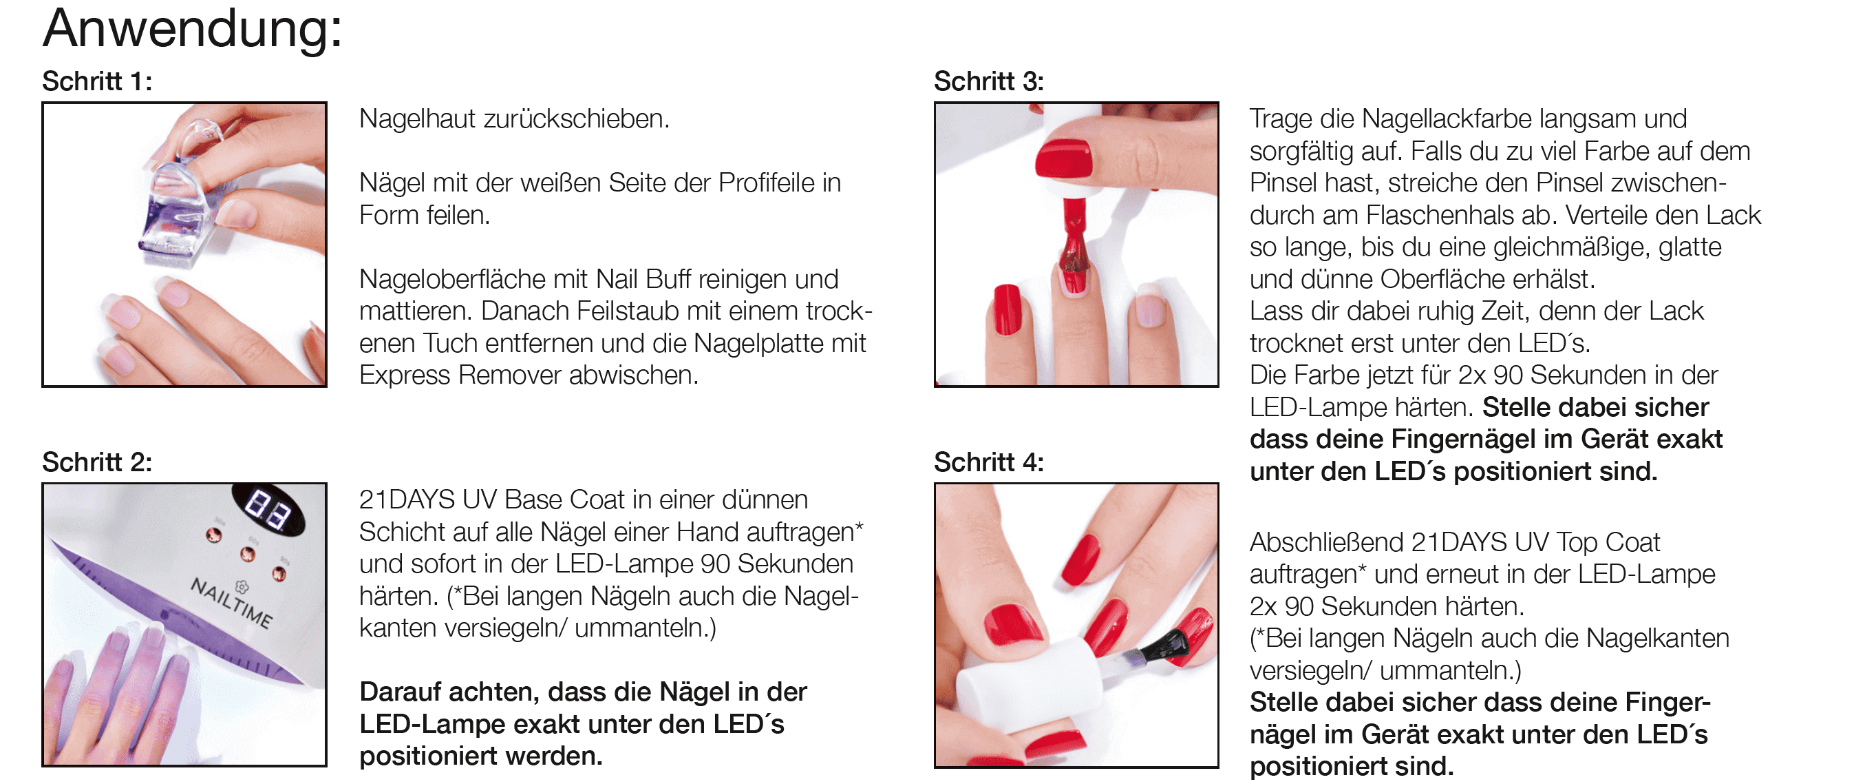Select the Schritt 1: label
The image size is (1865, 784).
97,81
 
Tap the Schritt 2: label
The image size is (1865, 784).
97,462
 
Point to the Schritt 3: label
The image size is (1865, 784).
989,81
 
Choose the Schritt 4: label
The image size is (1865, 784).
989,462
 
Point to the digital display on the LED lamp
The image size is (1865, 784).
268,508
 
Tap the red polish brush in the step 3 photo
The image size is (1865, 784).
1074,247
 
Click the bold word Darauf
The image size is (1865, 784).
401,692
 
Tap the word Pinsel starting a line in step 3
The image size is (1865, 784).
1284,183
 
